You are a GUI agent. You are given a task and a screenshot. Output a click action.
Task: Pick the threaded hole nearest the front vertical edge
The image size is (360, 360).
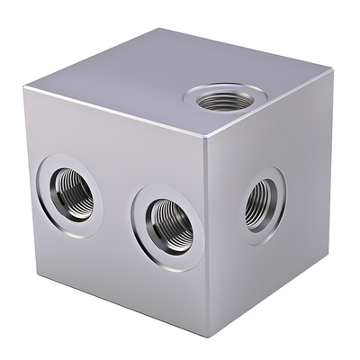168,220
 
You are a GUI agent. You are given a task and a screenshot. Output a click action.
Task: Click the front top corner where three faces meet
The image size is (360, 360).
204,138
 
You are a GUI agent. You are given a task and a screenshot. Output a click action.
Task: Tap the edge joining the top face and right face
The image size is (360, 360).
270,103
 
